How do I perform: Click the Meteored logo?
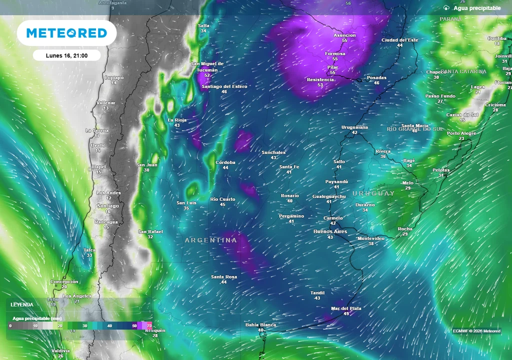click(x=66, y=33)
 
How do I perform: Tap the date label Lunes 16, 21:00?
click(x=66, y=55)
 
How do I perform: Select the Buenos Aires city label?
click(x=330, y=231)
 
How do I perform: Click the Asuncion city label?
click(x=344, y=35)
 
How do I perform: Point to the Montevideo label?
click(x=371, y=238)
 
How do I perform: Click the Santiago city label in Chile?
click(x=108, y=206)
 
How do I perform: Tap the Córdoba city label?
click(x=225, y=162)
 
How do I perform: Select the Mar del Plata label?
click(x=346, y=308)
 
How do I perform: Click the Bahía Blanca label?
click(x=260, y=324)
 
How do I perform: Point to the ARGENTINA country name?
click(x=211, y=240)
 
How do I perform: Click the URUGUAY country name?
click(x=373, y=193)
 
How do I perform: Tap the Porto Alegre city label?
click(x=461, y=133)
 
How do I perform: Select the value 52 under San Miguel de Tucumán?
click(x=207, y=75)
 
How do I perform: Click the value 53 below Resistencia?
click(x=320, y=85)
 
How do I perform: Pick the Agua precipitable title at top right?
click(x=477, y=8)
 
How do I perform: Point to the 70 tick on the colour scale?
click(x=149, y=325)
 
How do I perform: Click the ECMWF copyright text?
click(x=476, y=331)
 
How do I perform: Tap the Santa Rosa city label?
click(x=223, y=276)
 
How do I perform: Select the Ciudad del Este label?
click(x=399, y=40)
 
